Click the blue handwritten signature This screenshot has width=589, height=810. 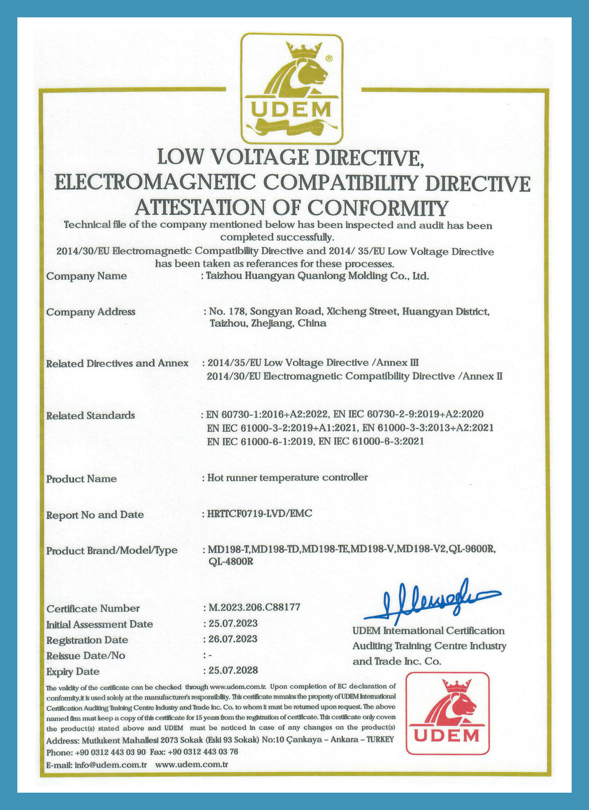(x=431, y=600)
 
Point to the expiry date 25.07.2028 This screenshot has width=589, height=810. (x=233, y=670)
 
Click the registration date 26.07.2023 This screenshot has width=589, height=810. (x=233, y=639)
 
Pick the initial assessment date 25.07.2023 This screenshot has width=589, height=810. (x=233, y=623)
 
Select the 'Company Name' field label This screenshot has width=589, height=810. (x=86, y=276)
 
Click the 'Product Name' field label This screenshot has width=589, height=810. (x=81, y=479)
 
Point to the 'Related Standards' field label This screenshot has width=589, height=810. (x=90, y=415)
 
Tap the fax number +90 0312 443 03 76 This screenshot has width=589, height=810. (x=203, y=752)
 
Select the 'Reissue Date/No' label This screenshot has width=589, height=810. (x=86, y=656)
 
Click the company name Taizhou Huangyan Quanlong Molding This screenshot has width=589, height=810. (x=297, y=276)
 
